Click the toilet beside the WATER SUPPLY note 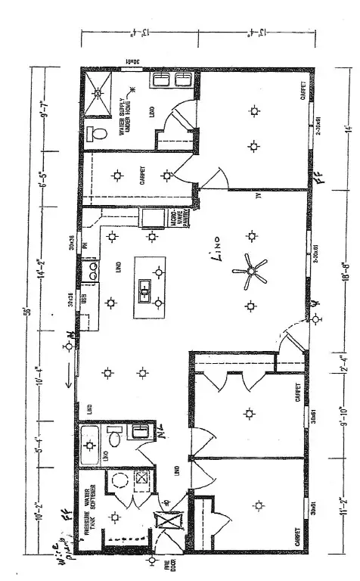(x=97, y=133)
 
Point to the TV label (x=258, y=198)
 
